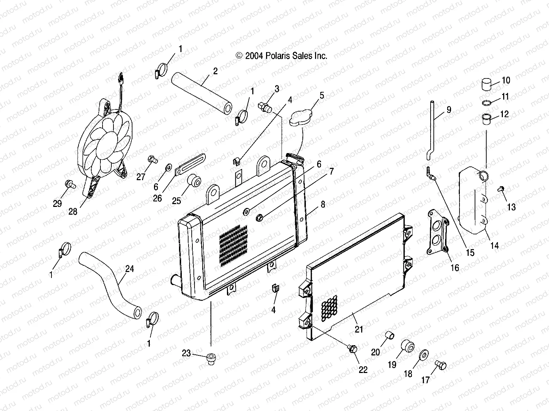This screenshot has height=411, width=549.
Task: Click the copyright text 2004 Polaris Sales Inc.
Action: click(x=282, y=56)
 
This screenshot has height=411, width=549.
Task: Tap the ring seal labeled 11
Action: click(x=487, y=103)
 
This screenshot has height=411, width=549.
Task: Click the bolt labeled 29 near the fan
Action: click(x=68, y=184)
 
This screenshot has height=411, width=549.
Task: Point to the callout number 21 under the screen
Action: click(x=359, y=329)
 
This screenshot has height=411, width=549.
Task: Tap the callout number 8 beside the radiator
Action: click(x=323, y=204)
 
